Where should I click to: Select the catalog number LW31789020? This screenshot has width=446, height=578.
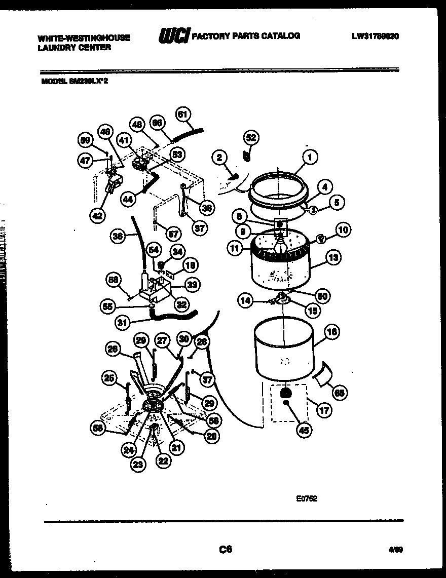pos(374,36)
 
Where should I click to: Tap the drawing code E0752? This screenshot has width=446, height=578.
pos(307,498)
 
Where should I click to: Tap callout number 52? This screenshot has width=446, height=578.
pos(251,137)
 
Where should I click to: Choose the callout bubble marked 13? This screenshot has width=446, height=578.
pos(332,258)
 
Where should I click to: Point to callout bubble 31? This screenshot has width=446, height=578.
pos(121,322)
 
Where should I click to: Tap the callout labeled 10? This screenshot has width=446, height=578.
pos(343,230)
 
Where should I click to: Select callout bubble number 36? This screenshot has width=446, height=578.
pos(118,236)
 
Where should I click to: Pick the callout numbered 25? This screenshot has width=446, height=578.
pos(110,377)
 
